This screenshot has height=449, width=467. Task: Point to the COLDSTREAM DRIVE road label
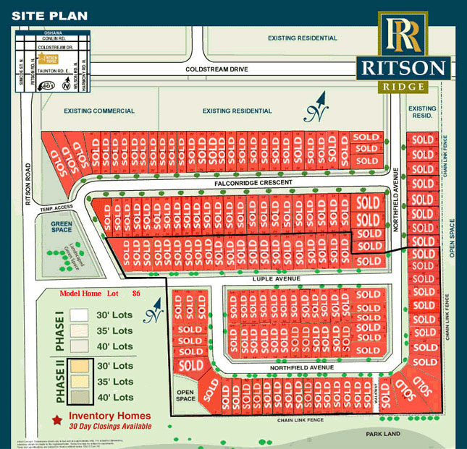tap(216, 69)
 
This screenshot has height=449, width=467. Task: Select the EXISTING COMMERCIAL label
tap(99, 111)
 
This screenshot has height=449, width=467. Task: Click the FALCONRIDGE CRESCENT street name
tap(253, 183)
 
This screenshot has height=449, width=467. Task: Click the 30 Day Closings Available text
tap(110, 427)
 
